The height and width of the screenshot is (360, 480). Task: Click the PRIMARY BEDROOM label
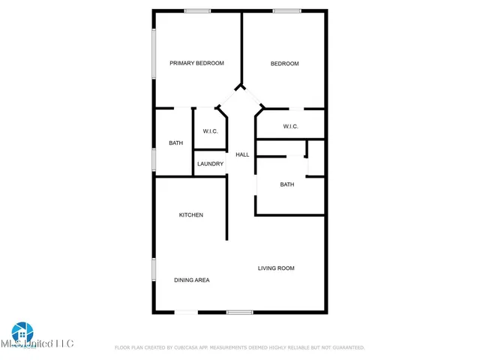[196, 64]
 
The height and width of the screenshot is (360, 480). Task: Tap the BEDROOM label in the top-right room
[284, 64]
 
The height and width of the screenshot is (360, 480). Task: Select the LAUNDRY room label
[210, 163]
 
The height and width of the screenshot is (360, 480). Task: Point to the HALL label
[242, 154]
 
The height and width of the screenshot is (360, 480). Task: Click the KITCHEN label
[190, 215]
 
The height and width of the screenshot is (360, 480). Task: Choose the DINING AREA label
[191, 280]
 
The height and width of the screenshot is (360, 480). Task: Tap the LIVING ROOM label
[276, 268]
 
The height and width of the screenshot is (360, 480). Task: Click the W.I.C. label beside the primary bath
[210, 132]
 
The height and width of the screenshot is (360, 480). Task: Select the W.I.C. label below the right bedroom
[291, 127]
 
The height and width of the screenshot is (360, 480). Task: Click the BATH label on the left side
[175, 143]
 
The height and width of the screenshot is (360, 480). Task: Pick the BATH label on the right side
[287, 184]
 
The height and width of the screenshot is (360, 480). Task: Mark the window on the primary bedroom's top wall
[198, 10]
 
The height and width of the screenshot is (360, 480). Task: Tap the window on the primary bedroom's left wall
[154, 55]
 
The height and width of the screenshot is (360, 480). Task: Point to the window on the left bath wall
[154, 159]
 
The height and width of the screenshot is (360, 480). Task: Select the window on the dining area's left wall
[154, 269]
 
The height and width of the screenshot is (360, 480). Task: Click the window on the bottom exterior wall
[239, 312]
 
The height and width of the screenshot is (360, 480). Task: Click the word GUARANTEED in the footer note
[346, 348]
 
